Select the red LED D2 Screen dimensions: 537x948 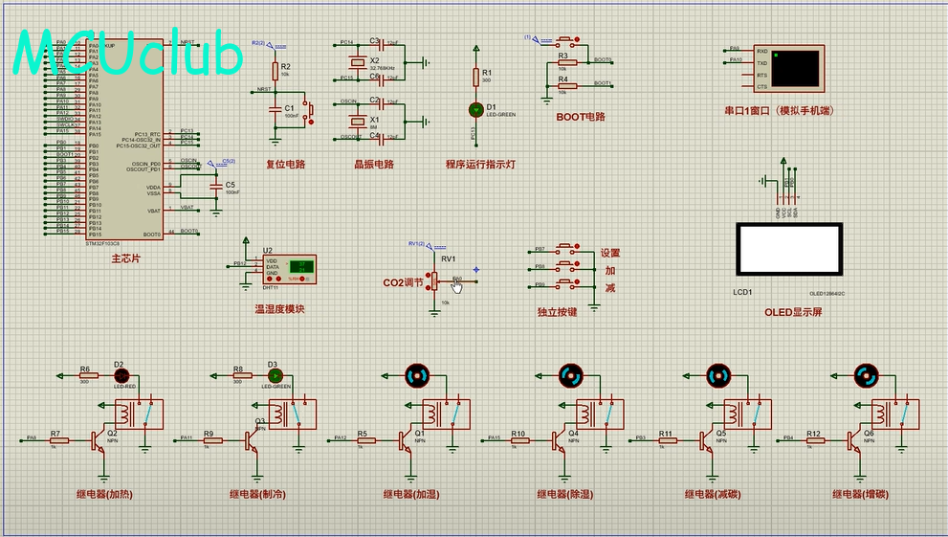pos(121,376)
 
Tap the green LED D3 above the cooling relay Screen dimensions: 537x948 pos(274,376)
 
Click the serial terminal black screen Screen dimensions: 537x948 pos(796,68)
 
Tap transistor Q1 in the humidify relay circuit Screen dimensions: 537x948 pos(407,440)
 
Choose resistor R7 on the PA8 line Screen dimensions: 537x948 pos(55,440)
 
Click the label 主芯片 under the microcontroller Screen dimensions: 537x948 pos(125,258)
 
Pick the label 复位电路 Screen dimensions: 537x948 pos(285,164)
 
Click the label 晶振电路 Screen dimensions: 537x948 pos(373,164)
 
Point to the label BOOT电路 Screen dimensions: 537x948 pos(581,117)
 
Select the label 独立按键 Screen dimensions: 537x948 pos(557,312)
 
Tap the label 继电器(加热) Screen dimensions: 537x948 pos(104,494)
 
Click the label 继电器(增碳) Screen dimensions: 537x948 pos(861,494)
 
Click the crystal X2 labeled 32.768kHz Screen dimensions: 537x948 pos(359,61)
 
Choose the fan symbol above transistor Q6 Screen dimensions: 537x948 pos(867,376)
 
